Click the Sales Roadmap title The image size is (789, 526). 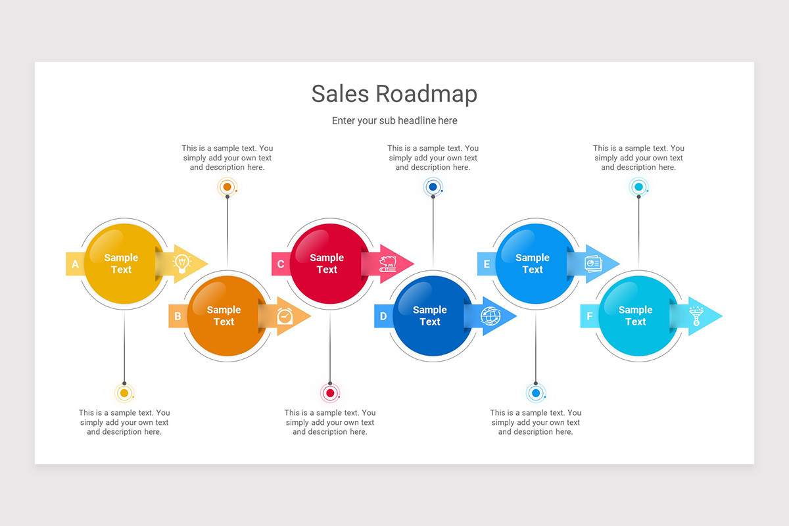394,94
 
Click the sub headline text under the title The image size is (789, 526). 394,121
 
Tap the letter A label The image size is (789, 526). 75,264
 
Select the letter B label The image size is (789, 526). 178,316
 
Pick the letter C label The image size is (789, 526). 281,264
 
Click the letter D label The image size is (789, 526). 383,316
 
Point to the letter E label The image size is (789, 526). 487,264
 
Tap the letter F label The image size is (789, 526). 589,316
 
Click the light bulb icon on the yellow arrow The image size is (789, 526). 181,264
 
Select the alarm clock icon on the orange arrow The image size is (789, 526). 285,316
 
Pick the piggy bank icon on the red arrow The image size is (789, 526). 388,264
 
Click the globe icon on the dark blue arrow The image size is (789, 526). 490,316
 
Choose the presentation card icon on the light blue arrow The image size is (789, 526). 593,264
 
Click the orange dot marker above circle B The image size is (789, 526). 227,187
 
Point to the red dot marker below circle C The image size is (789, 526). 330,393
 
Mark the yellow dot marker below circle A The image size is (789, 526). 124,393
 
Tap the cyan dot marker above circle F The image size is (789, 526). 638,187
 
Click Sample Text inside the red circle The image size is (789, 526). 327,264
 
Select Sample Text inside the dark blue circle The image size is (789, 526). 429,316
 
